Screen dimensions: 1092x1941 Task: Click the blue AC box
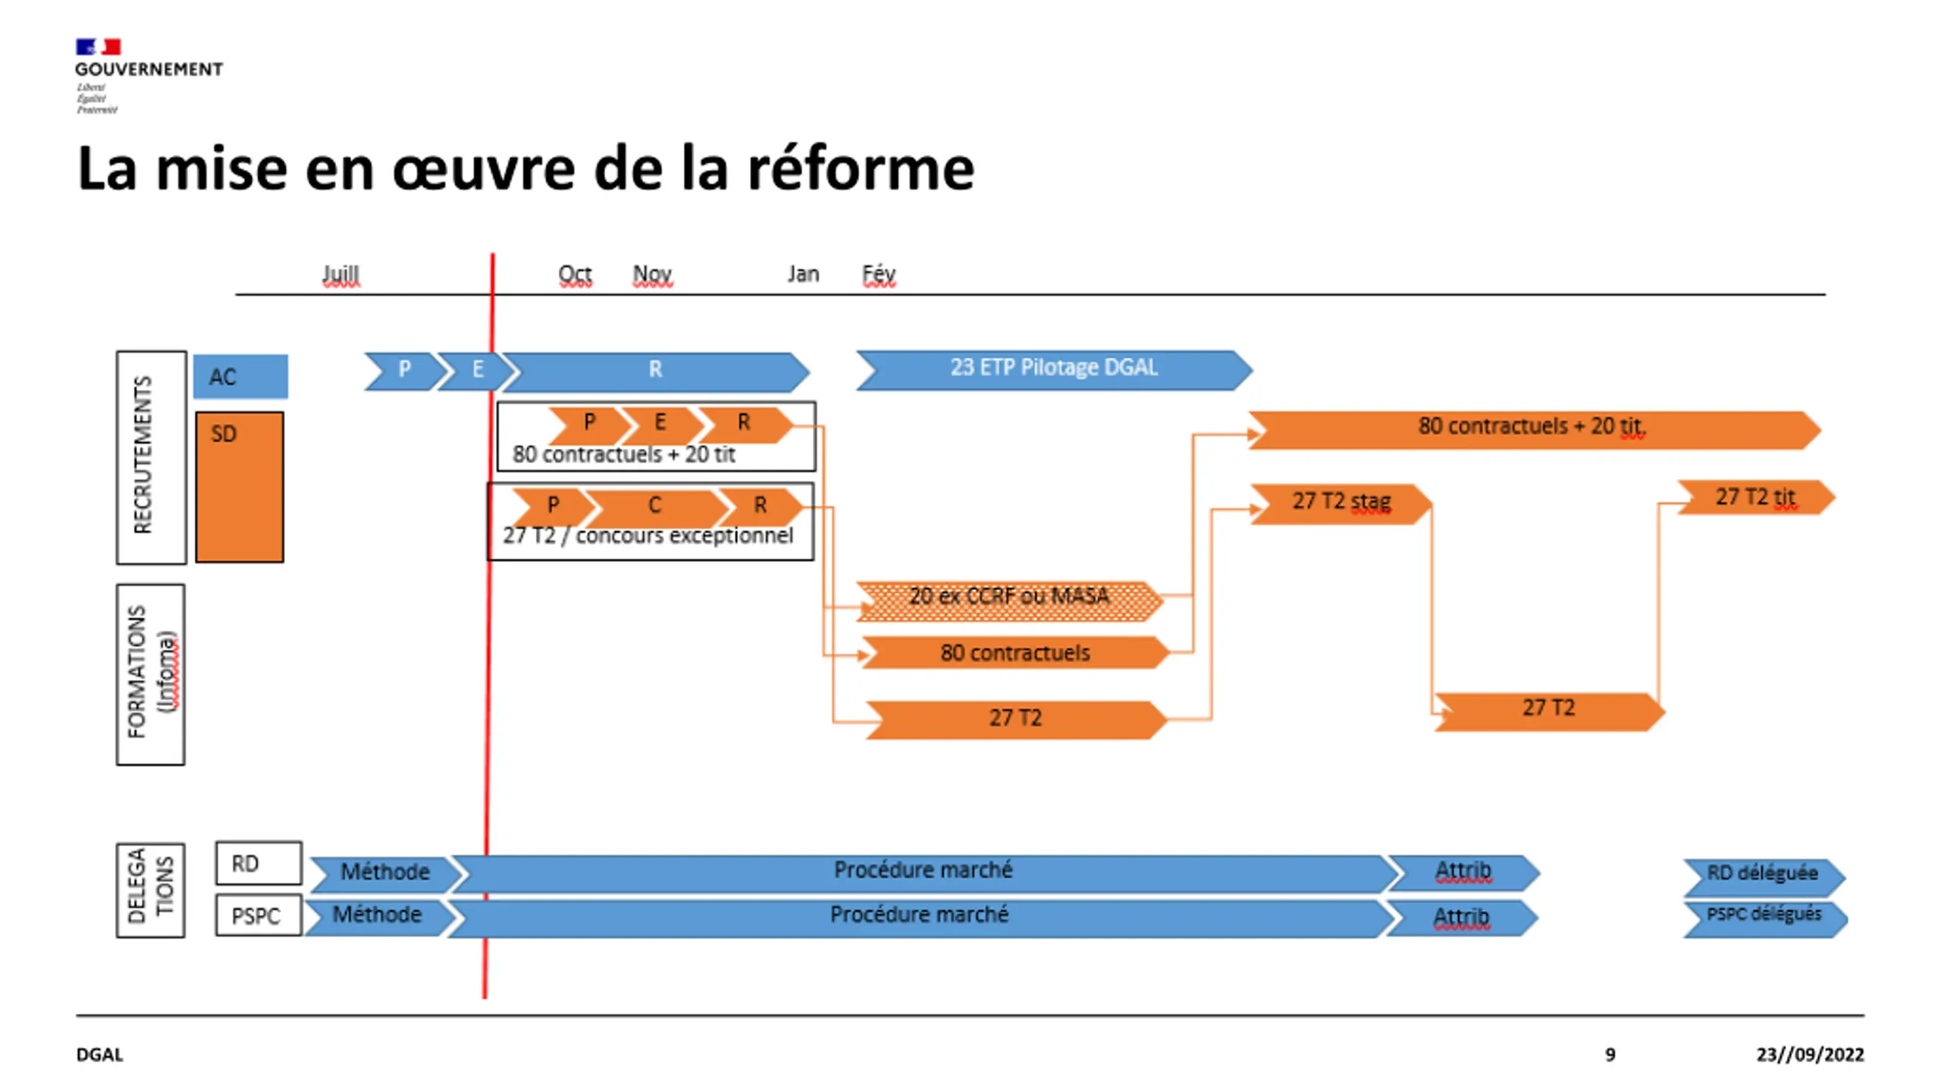[x=240, y=376]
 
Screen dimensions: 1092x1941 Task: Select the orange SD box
[x=240, y=487]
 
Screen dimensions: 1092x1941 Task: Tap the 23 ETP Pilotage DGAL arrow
[x=1054, y=369]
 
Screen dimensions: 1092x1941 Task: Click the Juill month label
[x=340, y=274]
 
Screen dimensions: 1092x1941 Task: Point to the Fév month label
[x=879, y=274]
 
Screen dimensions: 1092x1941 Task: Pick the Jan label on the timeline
[x=803, y=274]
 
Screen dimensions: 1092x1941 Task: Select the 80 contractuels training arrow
[x=1014, y=653]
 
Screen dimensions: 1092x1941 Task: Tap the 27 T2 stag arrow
[x=1341, y=503]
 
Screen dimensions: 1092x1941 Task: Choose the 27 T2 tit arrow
[x=1755, y=498]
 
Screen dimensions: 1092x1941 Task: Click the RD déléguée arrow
[x=1763, y=875]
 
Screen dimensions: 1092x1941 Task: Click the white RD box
[x=259, y=863]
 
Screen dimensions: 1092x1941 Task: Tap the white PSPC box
[x=259, y=915]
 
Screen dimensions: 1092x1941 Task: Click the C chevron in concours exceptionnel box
[x=654, y=506]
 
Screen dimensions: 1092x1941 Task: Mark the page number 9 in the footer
[x=1610, y=1054]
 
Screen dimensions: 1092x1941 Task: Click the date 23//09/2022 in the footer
[x=1809, y=1054]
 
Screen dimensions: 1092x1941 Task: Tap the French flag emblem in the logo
[x=98, y=47]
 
